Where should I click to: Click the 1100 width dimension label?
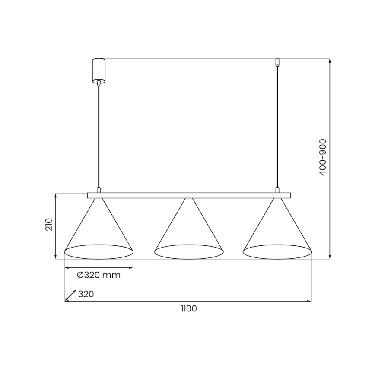pos(188,309)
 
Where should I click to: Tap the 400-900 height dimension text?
pos(323,157)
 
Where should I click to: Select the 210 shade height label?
pos(49,225)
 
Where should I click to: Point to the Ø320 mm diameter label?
pos(99,275)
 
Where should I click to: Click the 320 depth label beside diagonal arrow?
pos(86,294)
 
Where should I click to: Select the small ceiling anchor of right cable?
pos(277,63)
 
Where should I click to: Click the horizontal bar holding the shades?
pos(189,195)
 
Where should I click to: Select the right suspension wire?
pos(277,130)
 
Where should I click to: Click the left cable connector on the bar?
pos(99,190)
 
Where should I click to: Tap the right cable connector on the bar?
pos(277,190)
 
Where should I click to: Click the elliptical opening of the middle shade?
pos(189,252)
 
